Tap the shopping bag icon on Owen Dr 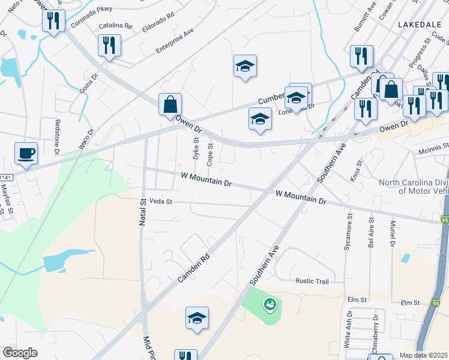[170, 104]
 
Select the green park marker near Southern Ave [270, 305]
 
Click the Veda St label [160, 202]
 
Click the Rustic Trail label [312, 281]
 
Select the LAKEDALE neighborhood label [419, 24]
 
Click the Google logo [20, 353]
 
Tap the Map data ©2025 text [423, 355]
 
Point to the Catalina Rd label [115, 26]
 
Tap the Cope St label [210, 154]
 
